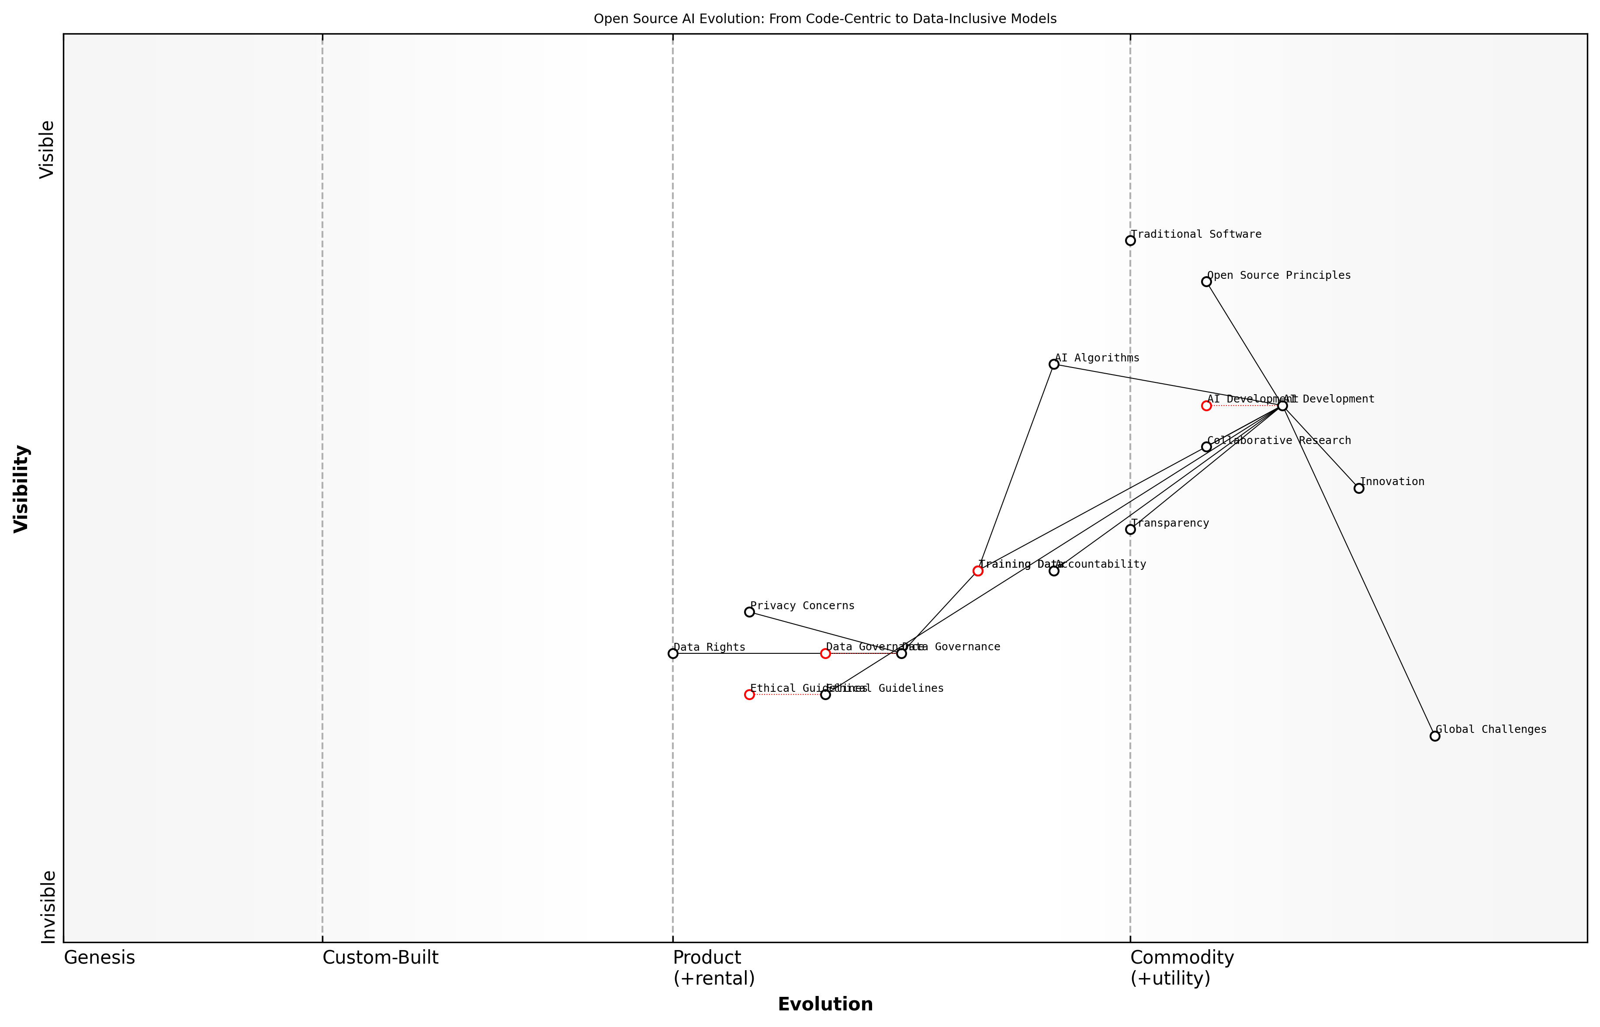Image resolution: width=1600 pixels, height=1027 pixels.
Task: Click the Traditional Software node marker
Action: [1130, 241]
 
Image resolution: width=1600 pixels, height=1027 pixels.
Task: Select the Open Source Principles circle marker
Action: [1206, 282]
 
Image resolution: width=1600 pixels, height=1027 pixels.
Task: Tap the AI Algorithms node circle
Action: [1054, 364]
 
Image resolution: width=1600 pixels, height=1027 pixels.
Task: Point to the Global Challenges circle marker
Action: [1435, 736]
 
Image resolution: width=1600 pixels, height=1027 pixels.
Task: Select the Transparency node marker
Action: [1130, 530]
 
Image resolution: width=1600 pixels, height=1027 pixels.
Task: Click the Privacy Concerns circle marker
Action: [749, 612]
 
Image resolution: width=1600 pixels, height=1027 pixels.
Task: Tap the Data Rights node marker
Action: [673, 653]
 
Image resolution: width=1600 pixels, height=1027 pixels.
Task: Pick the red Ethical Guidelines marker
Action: [749, 695]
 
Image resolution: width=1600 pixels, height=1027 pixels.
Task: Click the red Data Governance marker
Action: [825, 653]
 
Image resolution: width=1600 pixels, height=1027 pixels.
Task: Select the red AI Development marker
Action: [1206, 406]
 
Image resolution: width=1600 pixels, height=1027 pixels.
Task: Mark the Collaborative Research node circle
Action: [1206, 447]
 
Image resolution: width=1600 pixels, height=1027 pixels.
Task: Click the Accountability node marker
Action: [1054, 571]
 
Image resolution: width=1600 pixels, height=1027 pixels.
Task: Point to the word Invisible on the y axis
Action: [48, 906]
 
